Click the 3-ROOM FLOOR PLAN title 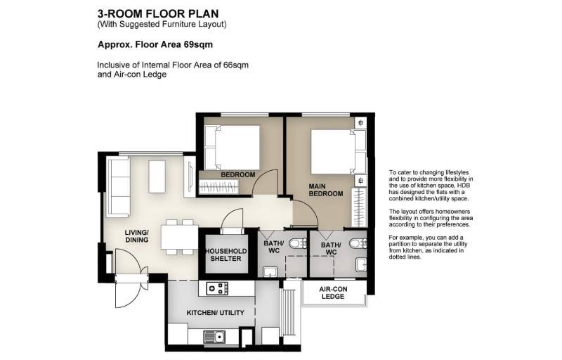click(x=158, y=13)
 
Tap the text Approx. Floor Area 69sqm click(x=155, y=44)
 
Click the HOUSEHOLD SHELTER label click(x=226, y=255)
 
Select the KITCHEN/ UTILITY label click(x=215, y=313)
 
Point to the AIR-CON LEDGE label click(x=333, y=292)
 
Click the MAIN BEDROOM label click(x=326, y=190)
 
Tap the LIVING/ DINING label click(x=136, y=236)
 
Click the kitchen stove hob click(x=218, y=288)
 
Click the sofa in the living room click(x=119, y=188)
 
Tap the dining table click(x=180, y=237)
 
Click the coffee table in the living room click(x=157, y=176)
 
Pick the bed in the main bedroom click(x=339, y=152)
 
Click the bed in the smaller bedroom click(x=232, y=148)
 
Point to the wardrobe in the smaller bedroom click(x=218, y=187)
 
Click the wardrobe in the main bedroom click(x=359, y=207)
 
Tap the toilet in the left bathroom click(x=298, y=243)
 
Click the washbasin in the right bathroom click(x=361, y=265)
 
